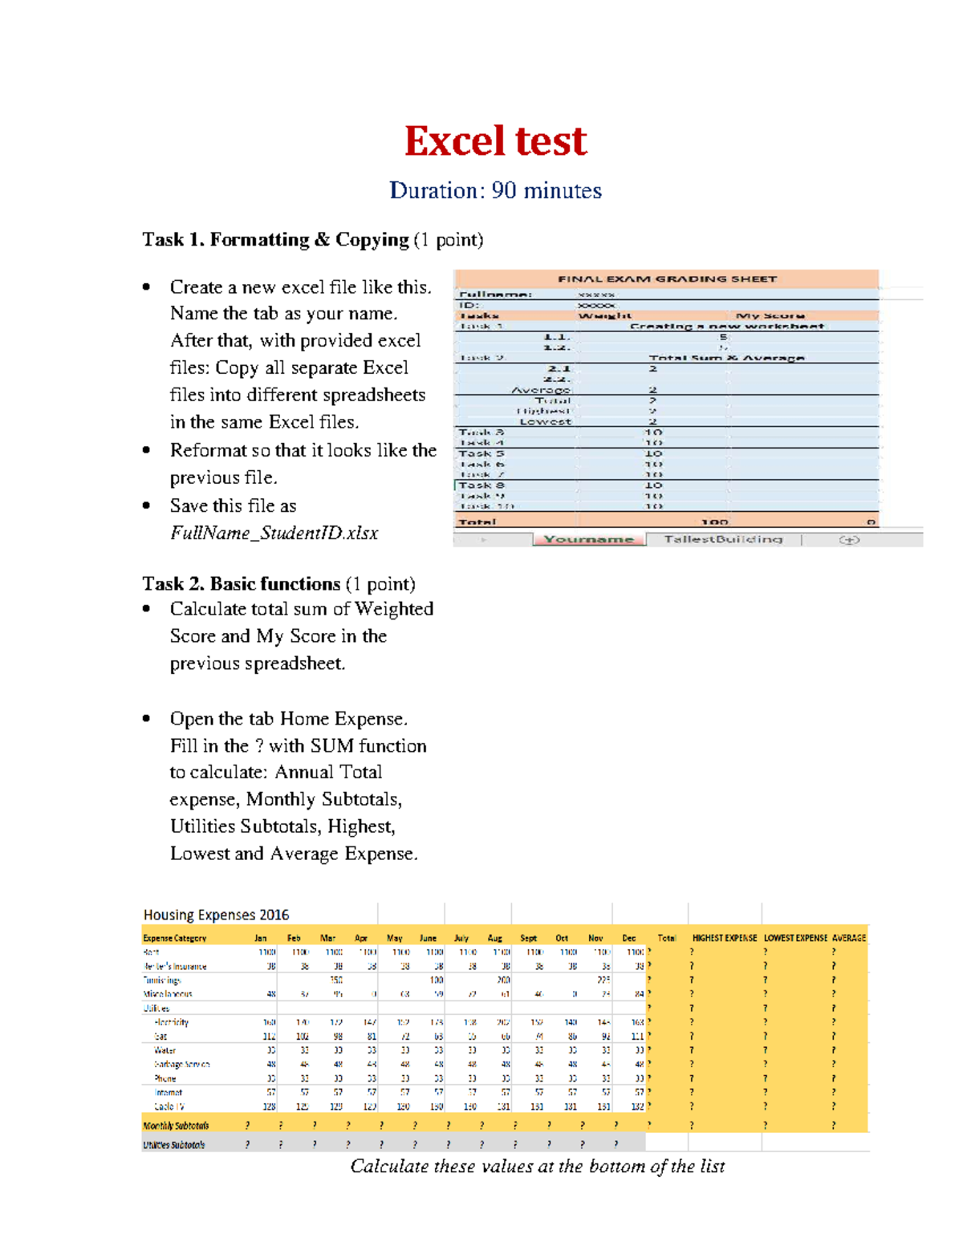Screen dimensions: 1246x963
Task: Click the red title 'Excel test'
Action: [x=495, y=141]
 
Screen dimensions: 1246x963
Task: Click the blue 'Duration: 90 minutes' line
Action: [x=495, y=191]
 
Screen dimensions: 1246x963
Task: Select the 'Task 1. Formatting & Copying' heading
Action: [x=275, y=240]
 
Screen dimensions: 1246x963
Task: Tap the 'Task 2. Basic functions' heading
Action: [x=241, y=584]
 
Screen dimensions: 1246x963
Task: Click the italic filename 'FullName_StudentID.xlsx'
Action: [x=274, y=534]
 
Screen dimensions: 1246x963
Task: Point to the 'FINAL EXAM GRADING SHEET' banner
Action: [x=667, y=279]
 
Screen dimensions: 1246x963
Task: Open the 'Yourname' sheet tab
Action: [x=588, y=540]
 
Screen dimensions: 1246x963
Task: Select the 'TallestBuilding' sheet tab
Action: [x=722, y=540]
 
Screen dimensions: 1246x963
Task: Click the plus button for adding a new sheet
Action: [x=849, y=540]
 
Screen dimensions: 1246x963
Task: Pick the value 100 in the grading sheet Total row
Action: [x=713, y=522]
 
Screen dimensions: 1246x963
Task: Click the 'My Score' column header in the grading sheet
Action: [x=770, y=316]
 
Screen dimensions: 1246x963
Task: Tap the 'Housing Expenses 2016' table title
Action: [x=216, y=915]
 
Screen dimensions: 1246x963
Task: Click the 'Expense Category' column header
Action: [x=174, y=938]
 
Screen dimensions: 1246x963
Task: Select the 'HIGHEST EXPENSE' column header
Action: [x=724, y=938]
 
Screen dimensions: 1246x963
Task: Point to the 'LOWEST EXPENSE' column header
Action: [x=795, y=938]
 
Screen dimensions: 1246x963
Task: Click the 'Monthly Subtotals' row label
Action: [x=176, y=1126]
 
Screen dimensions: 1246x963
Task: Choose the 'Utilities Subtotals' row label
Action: [x=173, y=1145]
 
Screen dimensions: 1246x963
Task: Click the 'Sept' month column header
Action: [x=528, y=938]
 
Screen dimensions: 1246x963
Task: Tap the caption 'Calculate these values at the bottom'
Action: [x=537, y=1167]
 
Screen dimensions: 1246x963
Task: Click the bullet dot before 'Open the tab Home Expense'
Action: [x=146, y=719]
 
